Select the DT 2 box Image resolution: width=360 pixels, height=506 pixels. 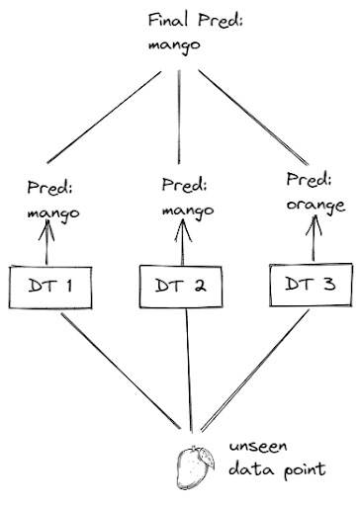point(181,288)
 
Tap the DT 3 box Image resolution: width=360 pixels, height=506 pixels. point(309,284)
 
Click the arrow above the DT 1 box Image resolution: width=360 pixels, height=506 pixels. point(44,241)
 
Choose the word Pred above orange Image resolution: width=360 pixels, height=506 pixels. point(307,181)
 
